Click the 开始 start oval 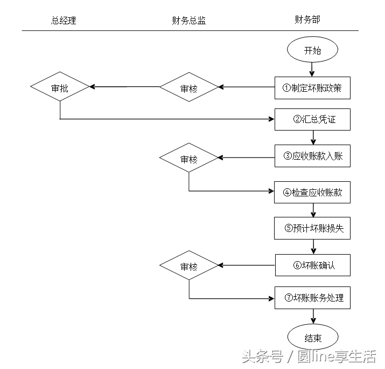[x=312, y=51]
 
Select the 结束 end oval [x=312, y=338]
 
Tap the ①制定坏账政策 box [x=312, y=88]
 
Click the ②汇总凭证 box [x=312, y=119]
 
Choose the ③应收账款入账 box [x=312, y=157]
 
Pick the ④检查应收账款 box [x=312, y=193]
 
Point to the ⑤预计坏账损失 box [x=312, y=228]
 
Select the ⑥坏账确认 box [x=312, y=265]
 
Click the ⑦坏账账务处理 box [x=312, y=297]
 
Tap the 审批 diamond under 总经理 [x=60, y=87]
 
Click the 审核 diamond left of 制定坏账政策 [x=189, y=87]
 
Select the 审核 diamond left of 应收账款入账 [x=189, y=159]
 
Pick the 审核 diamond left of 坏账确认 [x=189, y=266]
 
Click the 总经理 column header [x=64, y=20]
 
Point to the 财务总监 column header [x=188, y=20]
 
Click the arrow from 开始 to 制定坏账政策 [x=312, y=69]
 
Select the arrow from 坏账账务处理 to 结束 [x=312, y=317]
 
